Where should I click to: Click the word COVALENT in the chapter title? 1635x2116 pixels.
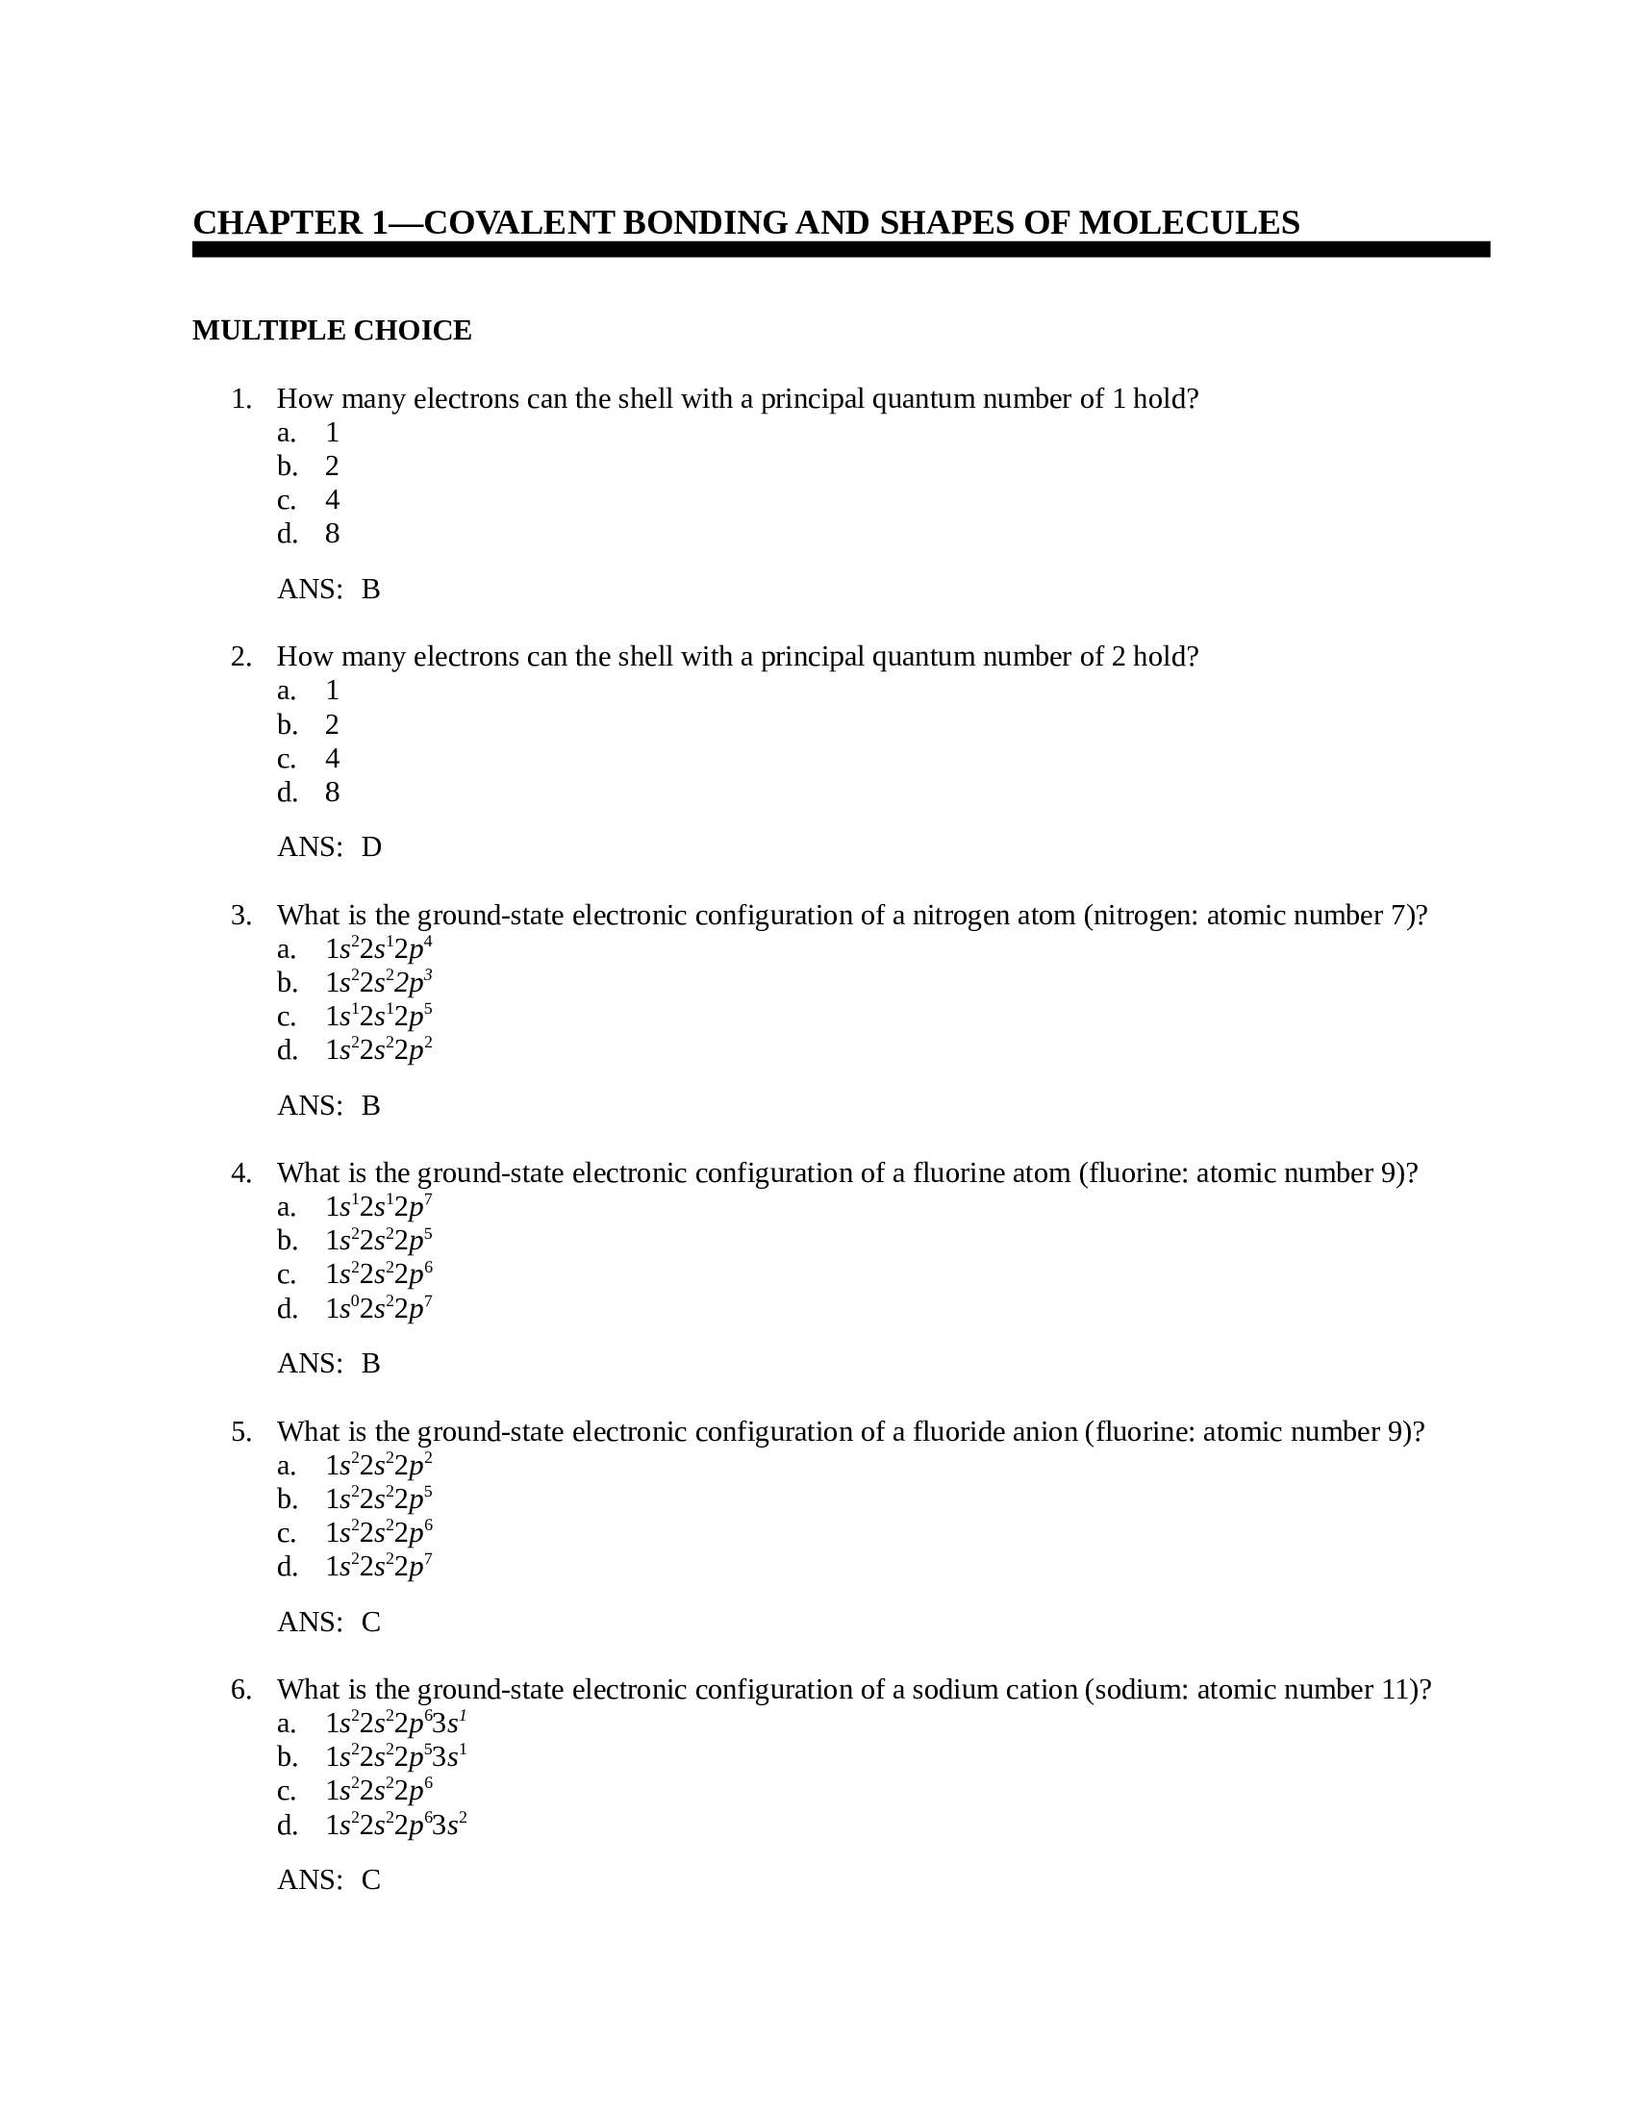[x=518, y=223]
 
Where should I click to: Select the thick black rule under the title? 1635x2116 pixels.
[x=840, y=250]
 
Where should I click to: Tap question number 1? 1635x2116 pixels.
[x=241, y=399]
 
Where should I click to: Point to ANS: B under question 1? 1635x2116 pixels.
[x=328, y=589]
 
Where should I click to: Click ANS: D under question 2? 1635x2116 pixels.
[x=329, y=846]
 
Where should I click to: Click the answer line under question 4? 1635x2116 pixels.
[x=328, y=1363]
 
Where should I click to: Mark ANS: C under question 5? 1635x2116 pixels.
[x=328, y=1622]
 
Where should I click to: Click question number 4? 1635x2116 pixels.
[x=241, y=1173]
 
